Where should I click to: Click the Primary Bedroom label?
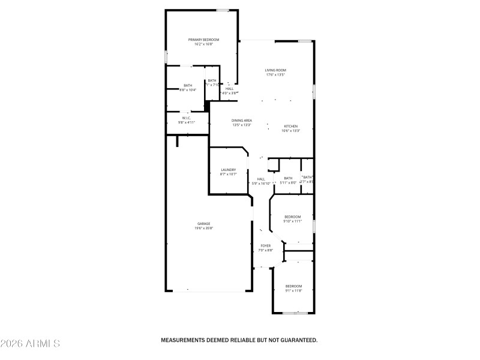[203, 40]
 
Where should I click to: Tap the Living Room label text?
[275, 70]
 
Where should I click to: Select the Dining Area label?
[242, 121]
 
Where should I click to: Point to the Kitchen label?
[290, 126]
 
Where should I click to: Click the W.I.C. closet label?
[187, 118]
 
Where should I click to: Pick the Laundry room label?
[228, 170]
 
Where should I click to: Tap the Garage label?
[203, 224]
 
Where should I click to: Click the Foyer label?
[265, 246]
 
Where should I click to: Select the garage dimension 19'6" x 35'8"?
[203, 229]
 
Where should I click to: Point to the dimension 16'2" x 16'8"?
[203, 44]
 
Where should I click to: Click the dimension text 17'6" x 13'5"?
[275, 75]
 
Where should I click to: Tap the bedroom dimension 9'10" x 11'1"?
[292, 221]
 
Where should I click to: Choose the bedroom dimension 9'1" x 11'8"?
[293, 291]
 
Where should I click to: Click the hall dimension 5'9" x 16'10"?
[261, 184]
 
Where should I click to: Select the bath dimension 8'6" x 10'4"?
[188, 90]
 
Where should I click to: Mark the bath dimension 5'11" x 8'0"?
[288, 183]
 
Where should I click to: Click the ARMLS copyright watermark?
[30, 344]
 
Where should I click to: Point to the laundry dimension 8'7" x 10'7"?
[228, 175]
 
